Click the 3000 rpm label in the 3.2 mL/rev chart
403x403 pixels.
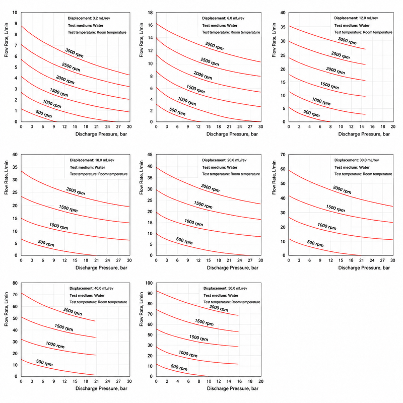point(74,53)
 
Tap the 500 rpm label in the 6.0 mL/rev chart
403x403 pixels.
point(177,111)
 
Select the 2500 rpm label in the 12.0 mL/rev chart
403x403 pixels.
point(341,55)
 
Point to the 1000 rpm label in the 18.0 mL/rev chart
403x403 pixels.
point(59,226)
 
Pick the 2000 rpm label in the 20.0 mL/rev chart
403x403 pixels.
point(210,188)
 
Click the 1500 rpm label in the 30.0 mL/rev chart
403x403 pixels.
point(335,208)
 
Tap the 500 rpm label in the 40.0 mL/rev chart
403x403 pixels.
point(44,363)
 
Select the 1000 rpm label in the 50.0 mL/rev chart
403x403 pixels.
point(188,354)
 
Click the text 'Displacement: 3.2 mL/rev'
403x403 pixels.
point(89,18)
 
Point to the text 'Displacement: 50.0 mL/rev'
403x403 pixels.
point(225,288)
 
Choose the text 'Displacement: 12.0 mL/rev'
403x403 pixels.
point(356,18)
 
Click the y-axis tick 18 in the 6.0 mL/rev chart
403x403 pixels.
point(150,13)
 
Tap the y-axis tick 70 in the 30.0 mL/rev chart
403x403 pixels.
point(283,155)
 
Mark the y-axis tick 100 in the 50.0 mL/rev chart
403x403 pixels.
point(149,283)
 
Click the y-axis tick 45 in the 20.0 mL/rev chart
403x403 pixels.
point(150,155)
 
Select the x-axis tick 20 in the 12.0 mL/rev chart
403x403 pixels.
point(393,126)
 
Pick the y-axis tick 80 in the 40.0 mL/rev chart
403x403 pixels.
point(15,283)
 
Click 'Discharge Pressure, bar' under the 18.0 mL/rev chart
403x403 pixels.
point(101,268)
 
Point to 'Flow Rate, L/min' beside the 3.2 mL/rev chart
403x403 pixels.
point(7,40)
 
